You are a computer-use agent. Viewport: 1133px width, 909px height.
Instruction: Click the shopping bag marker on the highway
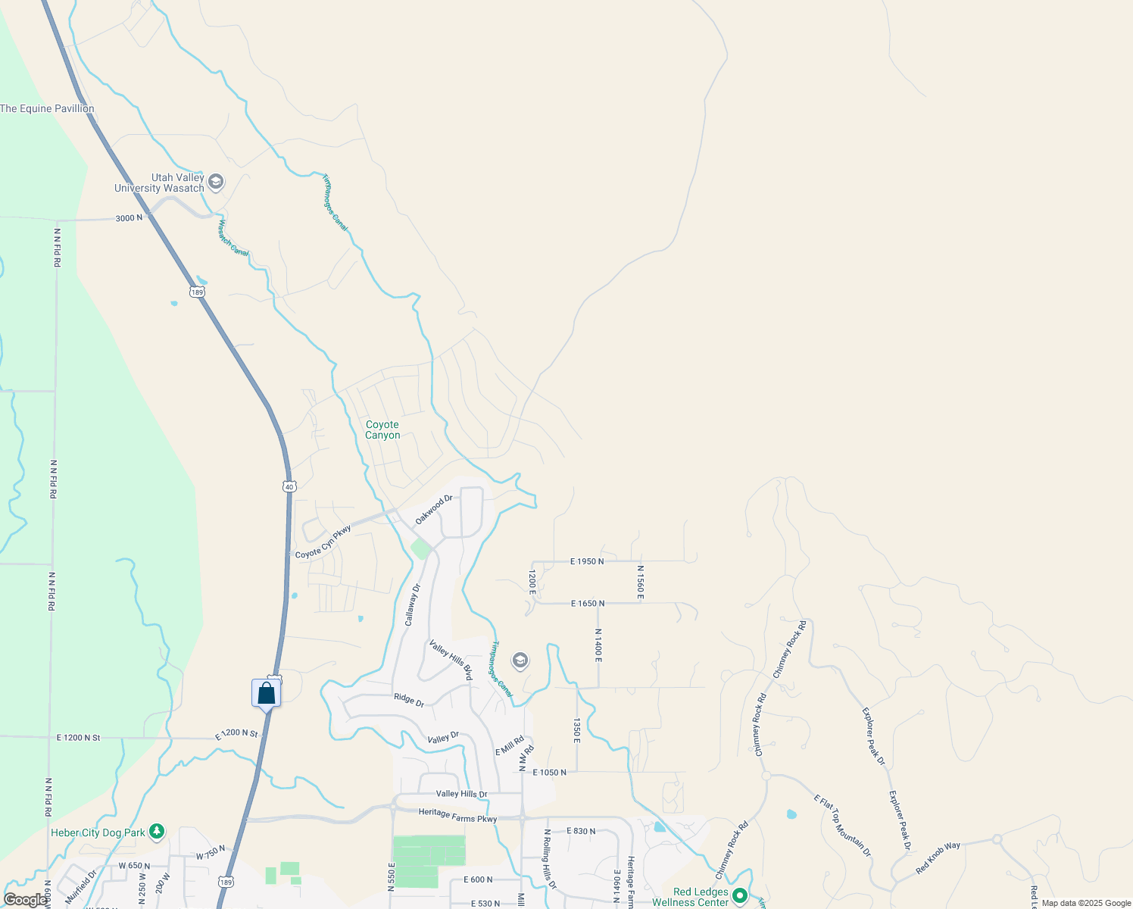click(x=266, y=692)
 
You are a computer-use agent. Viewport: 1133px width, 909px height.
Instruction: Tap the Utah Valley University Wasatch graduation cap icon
click(x=216, y=182)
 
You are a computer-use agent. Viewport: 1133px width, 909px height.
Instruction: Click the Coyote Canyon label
click(x=382, y=430)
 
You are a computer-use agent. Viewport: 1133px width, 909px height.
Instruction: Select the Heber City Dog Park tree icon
click(x=157, y=832)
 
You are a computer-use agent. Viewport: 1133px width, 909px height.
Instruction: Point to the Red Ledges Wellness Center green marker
click(x=739, y=898)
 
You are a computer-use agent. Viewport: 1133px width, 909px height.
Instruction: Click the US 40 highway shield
click(x=289, y=486)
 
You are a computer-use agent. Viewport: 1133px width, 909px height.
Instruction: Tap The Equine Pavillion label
click(x=47, y=108)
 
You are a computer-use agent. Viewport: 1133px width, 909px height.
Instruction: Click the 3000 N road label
click(x=129, y=218)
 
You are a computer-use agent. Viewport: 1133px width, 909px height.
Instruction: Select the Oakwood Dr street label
click(x=434, y=510)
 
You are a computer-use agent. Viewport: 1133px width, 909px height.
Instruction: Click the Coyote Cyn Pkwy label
click(x=323, y=542)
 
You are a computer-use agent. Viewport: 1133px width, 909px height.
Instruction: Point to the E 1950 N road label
click(x=586, y=561)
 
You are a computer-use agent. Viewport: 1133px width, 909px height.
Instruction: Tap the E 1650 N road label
click(x=587, y=604)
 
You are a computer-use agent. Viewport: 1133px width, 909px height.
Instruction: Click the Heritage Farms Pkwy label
click(x=457, y=815)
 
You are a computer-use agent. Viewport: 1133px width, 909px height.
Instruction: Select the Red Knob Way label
click(x=938, y=857)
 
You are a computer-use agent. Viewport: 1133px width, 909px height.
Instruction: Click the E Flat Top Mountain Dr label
click(x=842, y=825)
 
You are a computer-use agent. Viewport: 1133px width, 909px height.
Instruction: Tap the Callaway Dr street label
click(x=413, y=604)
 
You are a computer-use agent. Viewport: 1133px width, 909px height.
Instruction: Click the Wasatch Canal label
click(x=233, y=237)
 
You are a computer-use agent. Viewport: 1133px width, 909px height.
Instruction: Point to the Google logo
click(x=25, y=900)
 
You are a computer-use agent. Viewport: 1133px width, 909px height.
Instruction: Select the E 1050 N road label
click(x=549, y=773)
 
